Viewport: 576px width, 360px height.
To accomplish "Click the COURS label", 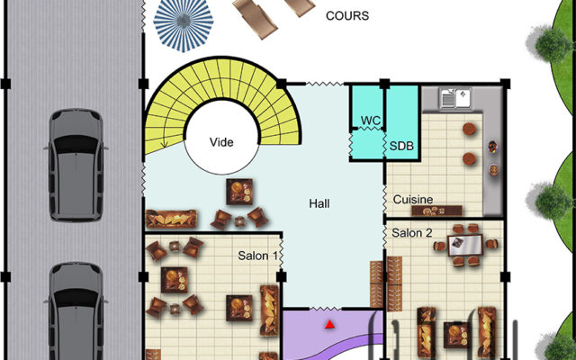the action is coord(347,16).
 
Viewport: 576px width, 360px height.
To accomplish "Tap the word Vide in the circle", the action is coord(221,142).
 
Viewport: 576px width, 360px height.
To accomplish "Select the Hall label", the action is coord(319,203).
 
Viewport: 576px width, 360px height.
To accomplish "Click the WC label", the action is coord(370,121).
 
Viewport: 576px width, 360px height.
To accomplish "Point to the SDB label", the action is coord(401,146).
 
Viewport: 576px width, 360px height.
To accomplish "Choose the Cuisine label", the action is coord(413,200).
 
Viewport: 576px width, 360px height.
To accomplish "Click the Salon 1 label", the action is coord(257,256).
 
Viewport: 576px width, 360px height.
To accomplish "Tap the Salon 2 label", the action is coord(412,233).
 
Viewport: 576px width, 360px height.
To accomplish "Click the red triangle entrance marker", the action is coord(329,324).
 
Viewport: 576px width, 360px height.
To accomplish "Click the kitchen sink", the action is coord(455,98).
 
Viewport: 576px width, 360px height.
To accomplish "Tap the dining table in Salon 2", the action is coord(464,245).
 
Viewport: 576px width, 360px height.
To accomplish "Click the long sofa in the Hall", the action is coord(171,220).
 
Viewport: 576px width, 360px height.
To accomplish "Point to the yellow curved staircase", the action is coord(223,78).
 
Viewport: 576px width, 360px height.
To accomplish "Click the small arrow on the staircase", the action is coord(164,143).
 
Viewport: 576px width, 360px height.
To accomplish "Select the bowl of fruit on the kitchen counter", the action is coord(492,147).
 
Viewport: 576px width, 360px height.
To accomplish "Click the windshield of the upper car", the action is coord(76,144).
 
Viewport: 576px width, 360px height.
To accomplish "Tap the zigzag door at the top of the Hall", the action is coord(325,84).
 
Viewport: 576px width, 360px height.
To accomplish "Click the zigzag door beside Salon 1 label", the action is coord(282,254).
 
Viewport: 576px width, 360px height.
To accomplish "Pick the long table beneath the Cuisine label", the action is coord(436,211).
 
